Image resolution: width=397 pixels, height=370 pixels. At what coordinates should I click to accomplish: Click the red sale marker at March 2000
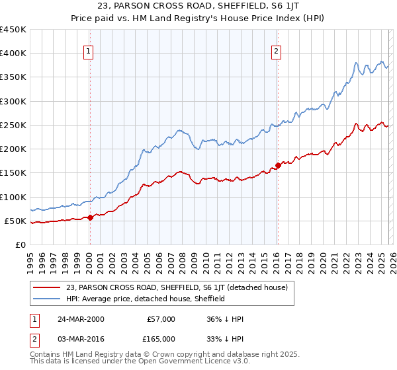click(91, 217)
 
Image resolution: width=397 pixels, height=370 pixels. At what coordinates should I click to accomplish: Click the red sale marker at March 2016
click(277, 166)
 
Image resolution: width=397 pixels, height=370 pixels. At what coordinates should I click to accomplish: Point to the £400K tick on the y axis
click(13, 54)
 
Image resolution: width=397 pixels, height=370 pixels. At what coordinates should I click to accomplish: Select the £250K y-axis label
click(13, 125)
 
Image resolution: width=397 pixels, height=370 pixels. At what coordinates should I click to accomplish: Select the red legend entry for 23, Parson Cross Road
click(177, 287)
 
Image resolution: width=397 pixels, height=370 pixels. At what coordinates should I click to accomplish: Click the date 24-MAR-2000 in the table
click(80, 319)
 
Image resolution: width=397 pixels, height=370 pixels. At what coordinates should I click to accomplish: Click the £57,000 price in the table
click(161, 319)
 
